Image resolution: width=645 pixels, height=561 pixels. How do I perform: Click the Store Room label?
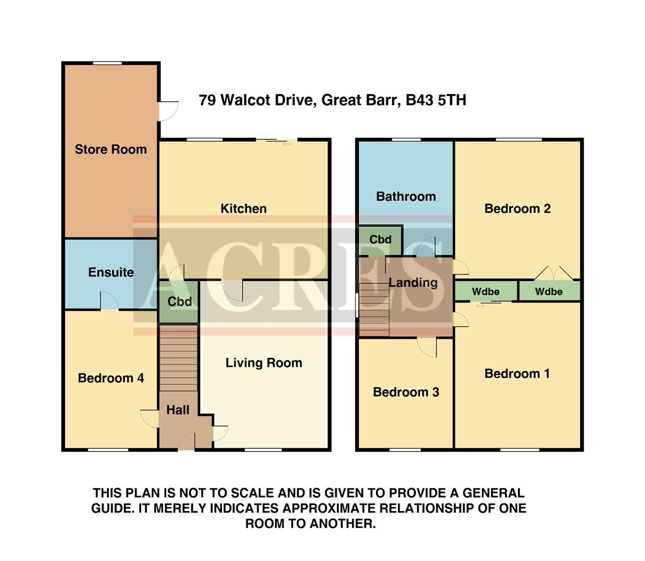pyautogui.click(x=111, y=150)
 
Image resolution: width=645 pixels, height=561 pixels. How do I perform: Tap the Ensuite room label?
pyautogui.click(x=111, y=272)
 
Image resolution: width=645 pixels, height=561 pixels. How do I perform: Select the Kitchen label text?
pyautogui.click(x=243, y=209)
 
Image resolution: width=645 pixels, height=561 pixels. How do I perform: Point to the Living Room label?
pyautogui.click(x=264, y=363)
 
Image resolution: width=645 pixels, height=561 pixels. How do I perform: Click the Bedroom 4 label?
pyautogui.click(x=111, y=378)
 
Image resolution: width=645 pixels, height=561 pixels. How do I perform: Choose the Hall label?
pyautogui.click(x=178, y=410)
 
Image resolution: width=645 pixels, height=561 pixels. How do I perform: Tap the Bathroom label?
pyautogui.click(x=405, y=196)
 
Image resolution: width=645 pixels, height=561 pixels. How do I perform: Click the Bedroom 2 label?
pyautogui.click(x=517, y=209)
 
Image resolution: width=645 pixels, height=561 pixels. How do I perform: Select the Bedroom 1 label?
pyautogui.click(x=517, y=373)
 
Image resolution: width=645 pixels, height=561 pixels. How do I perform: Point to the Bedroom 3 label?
pyautogui.click(x=406, y=392)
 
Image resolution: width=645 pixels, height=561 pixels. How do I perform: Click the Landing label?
pyautogui.click(x=413, y=283)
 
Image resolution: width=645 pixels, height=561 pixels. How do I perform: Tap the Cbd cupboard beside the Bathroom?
pyautogui.click(x=380, y=240)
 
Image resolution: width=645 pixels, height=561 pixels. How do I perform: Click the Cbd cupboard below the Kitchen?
pyautogui.click(x=179, y=302)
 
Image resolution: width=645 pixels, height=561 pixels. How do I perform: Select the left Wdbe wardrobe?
pyautogui.click(x=485, y=291)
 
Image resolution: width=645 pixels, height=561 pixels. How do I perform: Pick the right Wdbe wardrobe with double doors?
pyautogui.click(x=549, y=291)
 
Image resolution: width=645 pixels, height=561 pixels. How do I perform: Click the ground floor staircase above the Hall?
pyautogui.click(x=178, y=358)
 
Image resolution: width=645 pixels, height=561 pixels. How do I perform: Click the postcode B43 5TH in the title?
pyautogui.click(x=436, y=100)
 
